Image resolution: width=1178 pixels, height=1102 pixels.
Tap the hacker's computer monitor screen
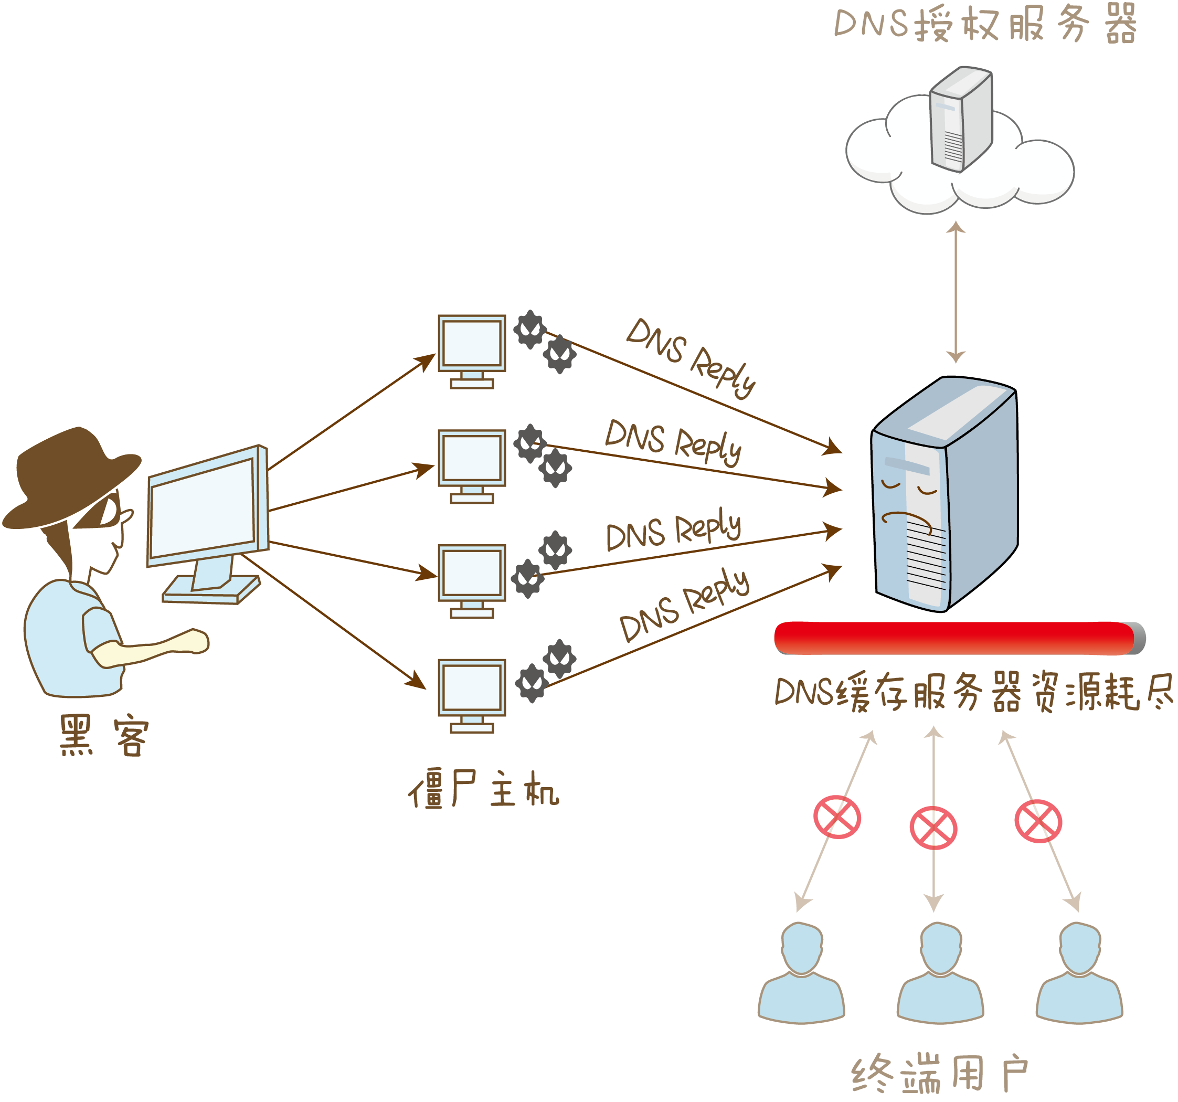pyautogui.click(x=203, y=506)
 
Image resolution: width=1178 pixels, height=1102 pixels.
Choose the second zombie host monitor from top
pyautogui.click(x=472, y=460)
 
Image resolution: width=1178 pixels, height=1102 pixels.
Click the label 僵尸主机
pyautogui.click(x=483, y=789)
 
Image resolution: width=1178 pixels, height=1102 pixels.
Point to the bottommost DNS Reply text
pyautogui.click(x=684, y=605)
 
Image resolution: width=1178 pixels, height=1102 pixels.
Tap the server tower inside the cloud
pyautogui.click(x=960, y=119)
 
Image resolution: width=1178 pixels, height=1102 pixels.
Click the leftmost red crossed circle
pyautogui.click(x=837, y=818)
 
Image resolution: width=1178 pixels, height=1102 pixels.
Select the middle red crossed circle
pyautogui.click(x=933, y=828)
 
